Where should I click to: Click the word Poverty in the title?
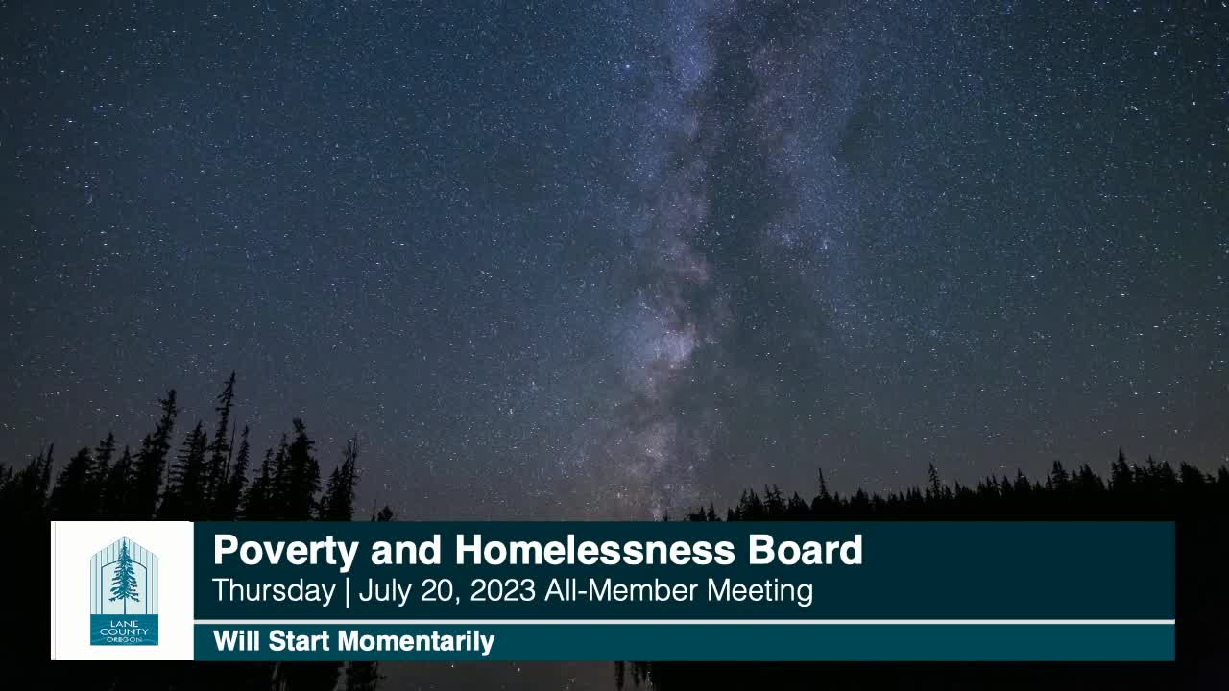pyautogui.click(x=286, y=551)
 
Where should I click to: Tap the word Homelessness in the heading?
pyautogui.click(x=594, y=550)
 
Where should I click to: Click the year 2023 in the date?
pyautogui.click(x=502, y=590)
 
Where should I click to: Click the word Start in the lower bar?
pyautogui.click(x=299, y=640)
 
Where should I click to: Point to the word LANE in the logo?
pyautogui.click(x=125, y=624)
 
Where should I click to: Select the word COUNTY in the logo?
pyautogui.click(x=125, y=632)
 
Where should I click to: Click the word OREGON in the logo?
pyautogui.click(x=125, y=639)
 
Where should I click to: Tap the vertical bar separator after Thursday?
pyautogui.click(x=348, y=592)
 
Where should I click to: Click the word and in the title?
pyautogui.click(x=406, y=550)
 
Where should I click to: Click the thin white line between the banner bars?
pyautogui.click(x=685, y=622)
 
